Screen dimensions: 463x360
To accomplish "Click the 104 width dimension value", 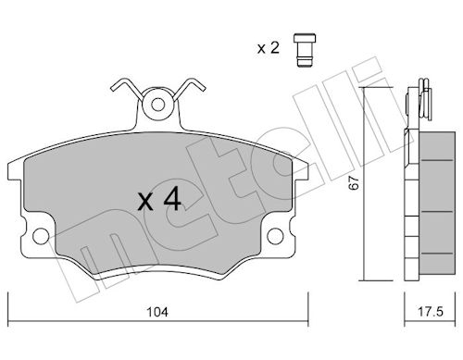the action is (x=157, y=312).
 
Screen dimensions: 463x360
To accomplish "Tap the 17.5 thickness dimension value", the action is (x=431, y=312).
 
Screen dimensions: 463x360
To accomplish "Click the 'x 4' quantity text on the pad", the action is (x=159, y=199).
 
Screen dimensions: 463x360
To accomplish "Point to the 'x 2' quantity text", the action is (x=269, y=48).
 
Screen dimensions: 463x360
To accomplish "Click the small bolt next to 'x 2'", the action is (x=305, y=49).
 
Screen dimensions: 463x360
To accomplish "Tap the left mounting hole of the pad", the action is (x=41, y=236).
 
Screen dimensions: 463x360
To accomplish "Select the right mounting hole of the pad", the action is (x=275, y=236).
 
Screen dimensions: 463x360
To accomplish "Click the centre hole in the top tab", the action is (x=158, y=105).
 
